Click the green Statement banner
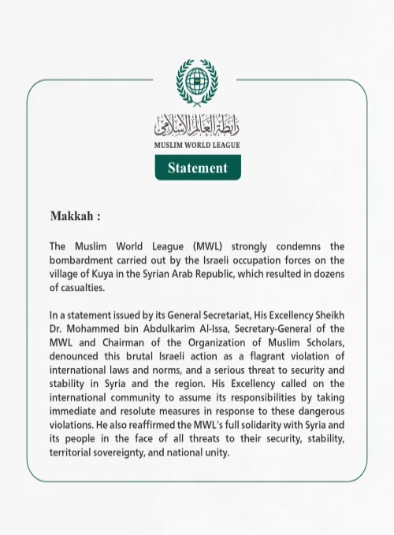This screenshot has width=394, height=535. click(x=197, y=168)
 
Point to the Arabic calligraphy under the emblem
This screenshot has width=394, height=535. click(x=197, y=124)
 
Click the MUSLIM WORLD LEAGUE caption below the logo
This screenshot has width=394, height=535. click(x=197, y=146)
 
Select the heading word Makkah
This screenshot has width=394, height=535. click(x=72, y=216)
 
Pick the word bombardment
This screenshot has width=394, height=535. click(x=84, y=260)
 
